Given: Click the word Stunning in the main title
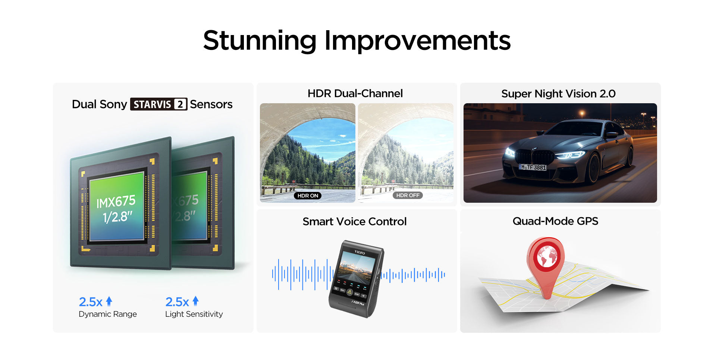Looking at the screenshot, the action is click(260, 41).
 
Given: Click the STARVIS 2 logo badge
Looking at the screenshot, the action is click(158, 104).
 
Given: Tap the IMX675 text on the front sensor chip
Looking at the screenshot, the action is click(116, 202).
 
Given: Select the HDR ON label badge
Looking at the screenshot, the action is click(308, 196).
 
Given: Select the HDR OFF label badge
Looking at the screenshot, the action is click(408, 195).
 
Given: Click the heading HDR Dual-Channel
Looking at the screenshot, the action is click(355, 93).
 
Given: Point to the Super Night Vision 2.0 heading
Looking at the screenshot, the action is click(558, 94).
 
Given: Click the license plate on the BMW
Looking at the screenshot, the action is click(533, 167).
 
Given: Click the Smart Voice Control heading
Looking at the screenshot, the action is click(354, 221).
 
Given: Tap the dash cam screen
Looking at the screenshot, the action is click(356, 267).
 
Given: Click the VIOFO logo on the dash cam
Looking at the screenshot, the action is click(359, 252).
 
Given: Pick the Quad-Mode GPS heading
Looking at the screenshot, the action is click(555, 221).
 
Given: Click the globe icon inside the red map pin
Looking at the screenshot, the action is click(546, 256).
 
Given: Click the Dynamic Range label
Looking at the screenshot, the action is click(108, 314).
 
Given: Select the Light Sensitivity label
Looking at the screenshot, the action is click(194, 314).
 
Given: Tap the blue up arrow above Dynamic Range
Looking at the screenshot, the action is click(109, 301).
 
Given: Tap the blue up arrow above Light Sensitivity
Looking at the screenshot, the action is click(195, 301).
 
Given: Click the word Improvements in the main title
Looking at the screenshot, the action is click(418, 41).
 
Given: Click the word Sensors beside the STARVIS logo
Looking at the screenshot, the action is click(211, 104).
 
